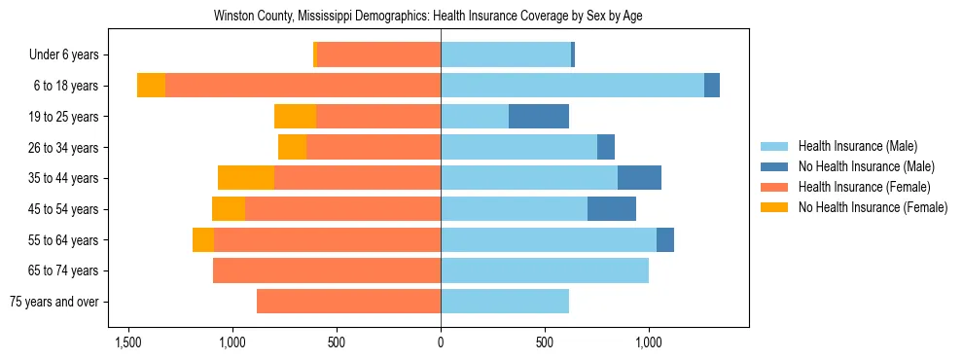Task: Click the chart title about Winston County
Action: (428, 17)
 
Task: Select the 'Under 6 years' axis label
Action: (70, 55)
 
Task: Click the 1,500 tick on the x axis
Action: (128, 342)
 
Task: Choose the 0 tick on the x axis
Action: (441, 342)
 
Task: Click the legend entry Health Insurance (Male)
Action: (857, 146)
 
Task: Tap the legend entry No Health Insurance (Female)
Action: (873, 207)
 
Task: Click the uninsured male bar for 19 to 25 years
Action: (539, 117)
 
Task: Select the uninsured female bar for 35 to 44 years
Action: (246, 178)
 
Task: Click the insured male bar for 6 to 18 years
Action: (572, 86)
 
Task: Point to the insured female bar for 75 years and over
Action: (348, 302)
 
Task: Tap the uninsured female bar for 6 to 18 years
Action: (151, 86)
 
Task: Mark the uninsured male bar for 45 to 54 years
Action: (612, 209)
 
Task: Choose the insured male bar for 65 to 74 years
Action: (545, 270)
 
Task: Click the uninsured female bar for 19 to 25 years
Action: (295, 117)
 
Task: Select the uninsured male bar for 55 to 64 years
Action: (665, 240)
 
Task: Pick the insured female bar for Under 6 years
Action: (379, 55)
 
